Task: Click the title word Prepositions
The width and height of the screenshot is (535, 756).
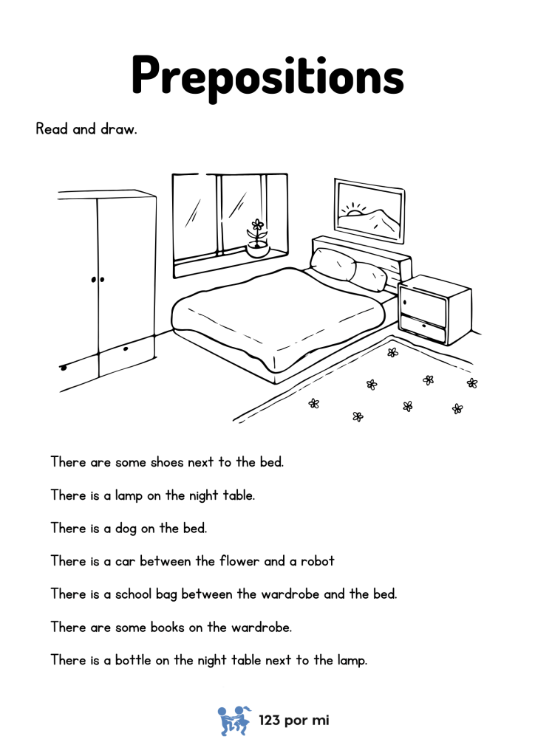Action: click(x=267, y=74)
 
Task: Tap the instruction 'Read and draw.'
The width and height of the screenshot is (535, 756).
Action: click(x=86, y=129)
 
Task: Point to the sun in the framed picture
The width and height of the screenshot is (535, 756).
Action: click(x=356, y=211)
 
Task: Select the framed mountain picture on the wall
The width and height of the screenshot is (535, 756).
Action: click(x=369, y=210)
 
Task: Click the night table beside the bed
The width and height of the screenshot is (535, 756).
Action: click(x=435, y=309)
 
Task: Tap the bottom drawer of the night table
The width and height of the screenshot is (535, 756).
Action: click(x=423, y=328)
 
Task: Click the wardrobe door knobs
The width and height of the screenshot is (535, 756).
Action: click(x=98, y=279)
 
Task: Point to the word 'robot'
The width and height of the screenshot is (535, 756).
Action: click(x=318, y=561)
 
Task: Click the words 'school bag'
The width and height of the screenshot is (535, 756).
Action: click(x=145, y=594)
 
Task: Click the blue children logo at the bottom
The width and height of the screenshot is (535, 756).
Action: click(x=234, y=720)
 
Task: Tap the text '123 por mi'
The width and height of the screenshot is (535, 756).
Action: click(x=293, y=721)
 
